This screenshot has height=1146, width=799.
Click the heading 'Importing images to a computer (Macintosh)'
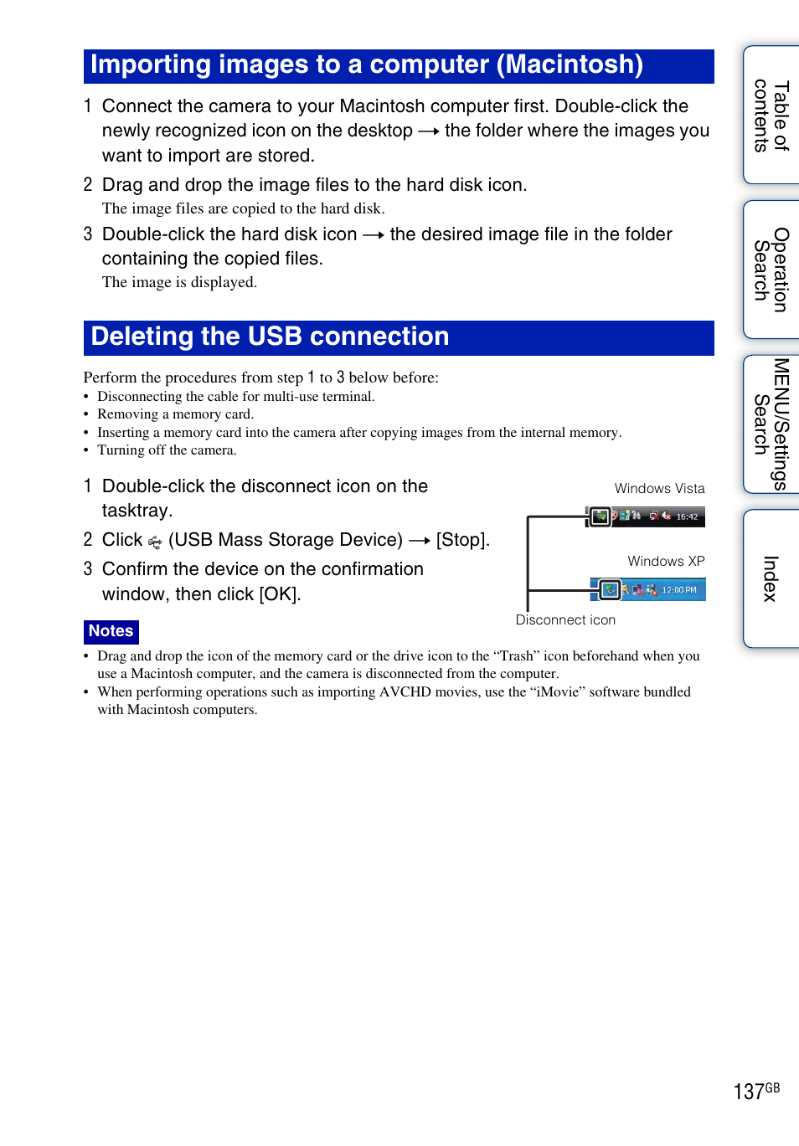point(366,65)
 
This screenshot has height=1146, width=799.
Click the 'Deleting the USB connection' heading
point(270,337)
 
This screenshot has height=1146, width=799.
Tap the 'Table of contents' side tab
point(771,116)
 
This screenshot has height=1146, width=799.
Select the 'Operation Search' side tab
point(771,270)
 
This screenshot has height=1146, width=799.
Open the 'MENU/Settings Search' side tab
point(771,424)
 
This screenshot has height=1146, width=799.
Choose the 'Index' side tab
point(771,578)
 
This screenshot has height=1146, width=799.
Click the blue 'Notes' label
point(111,631)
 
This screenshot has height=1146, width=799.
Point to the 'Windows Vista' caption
point(659,489)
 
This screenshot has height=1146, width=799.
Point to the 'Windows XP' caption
point(666,562)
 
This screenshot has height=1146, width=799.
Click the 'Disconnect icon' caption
point(565,620)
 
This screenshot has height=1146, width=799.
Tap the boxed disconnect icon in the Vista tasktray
point(600,516)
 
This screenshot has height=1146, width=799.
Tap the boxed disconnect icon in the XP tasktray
point(611,590)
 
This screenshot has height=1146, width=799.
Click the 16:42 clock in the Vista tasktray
point(687,517)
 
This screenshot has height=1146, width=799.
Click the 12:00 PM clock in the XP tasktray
point(679,590)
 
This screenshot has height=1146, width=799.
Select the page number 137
point(748,1092)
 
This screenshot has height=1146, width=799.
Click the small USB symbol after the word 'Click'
point(155,542)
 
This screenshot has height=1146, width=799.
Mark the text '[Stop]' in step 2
point(461,541)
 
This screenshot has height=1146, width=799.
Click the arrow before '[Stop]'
point(420,541)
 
